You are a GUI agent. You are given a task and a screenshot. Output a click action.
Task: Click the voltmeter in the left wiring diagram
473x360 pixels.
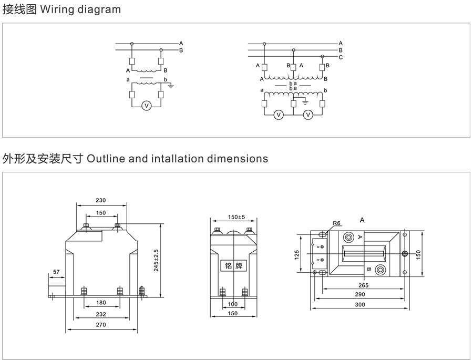(x=147, y=106)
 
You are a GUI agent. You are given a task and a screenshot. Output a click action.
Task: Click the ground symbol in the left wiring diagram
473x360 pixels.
(x=171, y=85)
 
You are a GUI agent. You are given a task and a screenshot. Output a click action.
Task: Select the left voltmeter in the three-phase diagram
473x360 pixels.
(x=279, y=114)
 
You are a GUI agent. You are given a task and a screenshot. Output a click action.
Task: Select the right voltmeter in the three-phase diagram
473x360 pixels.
(x=309, y=114)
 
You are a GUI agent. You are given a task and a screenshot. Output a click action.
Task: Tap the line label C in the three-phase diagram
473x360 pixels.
(x=341, y=57)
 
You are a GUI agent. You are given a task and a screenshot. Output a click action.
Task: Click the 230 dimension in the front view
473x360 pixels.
(x=101, y=200)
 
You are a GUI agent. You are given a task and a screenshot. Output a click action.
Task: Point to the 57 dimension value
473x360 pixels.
(x=57, y=272)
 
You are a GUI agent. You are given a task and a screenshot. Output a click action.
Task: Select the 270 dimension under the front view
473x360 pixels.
(x=101, y=325)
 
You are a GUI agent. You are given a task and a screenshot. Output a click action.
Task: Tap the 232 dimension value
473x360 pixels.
(x=101, y=314)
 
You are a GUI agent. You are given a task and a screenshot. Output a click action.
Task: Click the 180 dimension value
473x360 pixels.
(x=101, y=303)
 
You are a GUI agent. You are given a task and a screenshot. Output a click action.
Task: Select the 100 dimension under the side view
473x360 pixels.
(x=232, y=304)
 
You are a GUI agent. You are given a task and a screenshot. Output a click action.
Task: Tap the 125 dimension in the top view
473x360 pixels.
(x=297, y=255)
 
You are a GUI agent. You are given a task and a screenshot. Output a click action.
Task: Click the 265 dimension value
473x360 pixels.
(x=363, y=285)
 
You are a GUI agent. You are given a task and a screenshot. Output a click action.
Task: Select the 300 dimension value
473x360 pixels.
(x=359, y=305)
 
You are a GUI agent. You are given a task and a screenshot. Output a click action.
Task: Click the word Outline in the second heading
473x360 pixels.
(x=106, y=158)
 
